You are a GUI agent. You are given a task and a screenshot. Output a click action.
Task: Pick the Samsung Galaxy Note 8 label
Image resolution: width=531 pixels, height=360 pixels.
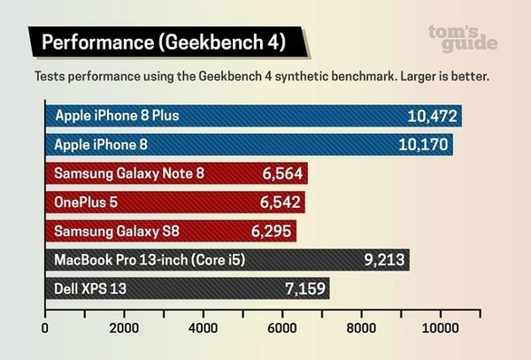(x=129, y=173)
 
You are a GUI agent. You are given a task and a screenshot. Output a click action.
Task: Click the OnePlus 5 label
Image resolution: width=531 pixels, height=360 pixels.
(x=86, y=203)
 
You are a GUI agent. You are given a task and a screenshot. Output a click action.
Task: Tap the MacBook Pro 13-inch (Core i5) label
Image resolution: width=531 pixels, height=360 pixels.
(x=150, y=260)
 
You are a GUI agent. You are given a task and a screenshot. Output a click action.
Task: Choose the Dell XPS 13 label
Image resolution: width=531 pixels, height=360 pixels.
(x=90, y=288)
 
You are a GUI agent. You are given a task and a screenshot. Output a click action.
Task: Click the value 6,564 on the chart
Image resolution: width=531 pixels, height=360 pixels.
(x=282, y=173)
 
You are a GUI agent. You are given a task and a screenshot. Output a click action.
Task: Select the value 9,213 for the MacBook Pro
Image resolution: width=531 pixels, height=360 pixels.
(x=384, y=260)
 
